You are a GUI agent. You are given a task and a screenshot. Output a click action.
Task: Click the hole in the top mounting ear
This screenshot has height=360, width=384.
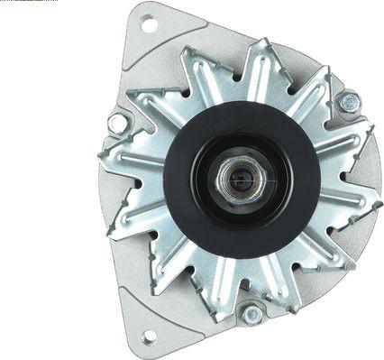click(148, 24)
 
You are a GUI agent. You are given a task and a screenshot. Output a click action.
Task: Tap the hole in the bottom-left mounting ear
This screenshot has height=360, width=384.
click(148, 337)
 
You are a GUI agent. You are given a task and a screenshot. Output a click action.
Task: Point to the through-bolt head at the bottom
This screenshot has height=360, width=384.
click(251, 315)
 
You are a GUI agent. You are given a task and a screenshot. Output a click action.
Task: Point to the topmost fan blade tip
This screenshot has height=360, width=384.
click(261, 43)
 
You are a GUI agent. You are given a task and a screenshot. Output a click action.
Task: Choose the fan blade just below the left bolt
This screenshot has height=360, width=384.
click(126, 162)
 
